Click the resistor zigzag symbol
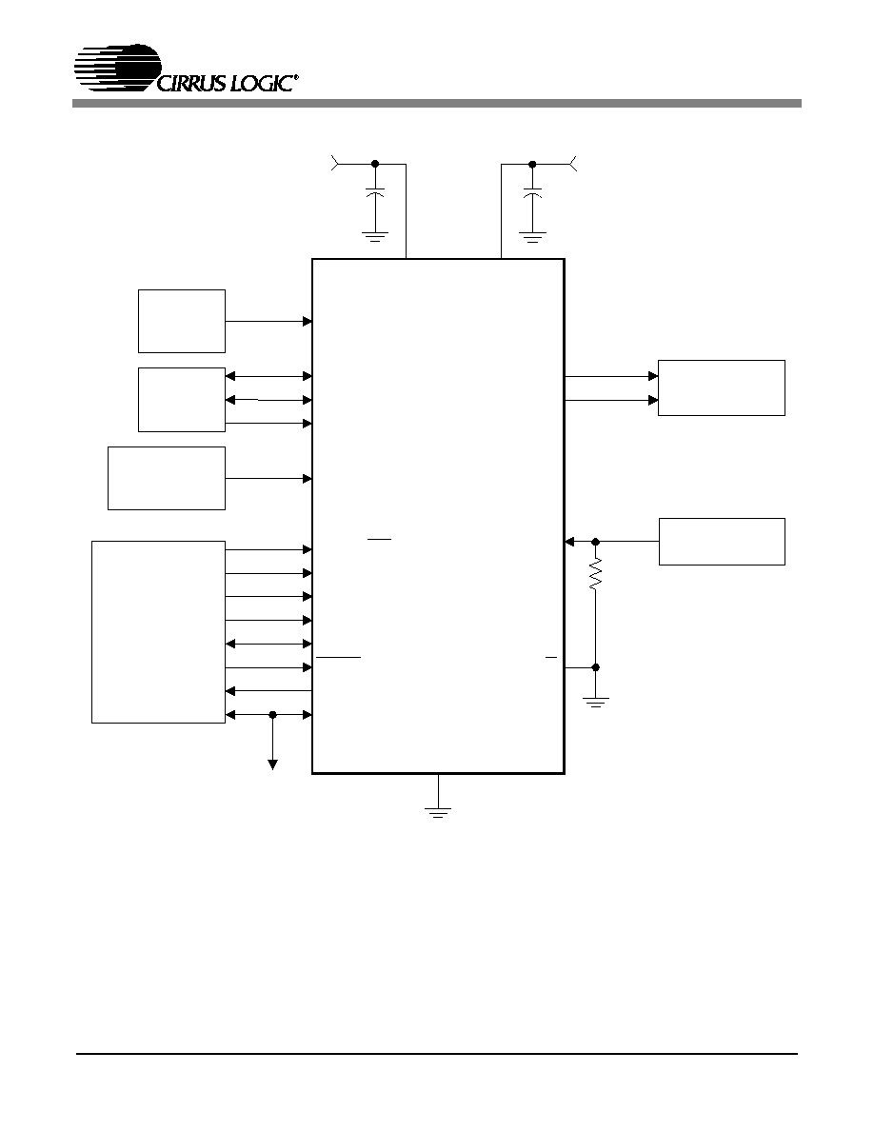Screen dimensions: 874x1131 pos(595,576)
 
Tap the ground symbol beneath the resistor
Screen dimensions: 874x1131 pos(596,702)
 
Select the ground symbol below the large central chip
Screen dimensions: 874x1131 pos(438,811)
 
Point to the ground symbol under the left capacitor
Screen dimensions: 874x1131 pos(375,237)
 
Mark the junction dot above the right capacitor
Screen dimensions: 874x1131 pos(532,165)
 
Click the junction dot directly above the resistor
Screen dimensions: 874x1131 pos(596,541)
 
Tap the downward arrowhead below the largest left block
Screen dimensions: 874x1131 pos(272,765)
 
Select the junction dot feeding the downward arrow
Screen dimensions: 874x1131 pos(272,715)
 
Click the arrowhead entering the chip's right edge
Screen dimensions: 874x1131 pos(569,541)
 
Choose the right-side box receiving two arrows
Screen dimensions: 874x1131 pos(721,388)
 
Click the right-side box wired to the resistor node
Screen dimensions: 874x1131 pos(722,542)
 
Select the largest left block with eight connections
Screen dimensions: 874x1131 pos(159,632)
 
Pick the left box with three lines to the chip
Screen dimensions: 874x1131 pos(182,400)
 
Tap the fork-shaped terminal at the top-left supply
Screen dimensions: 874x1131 pos(334,164)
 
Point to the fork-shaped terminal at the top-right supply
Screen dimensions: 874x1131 pos(573,164)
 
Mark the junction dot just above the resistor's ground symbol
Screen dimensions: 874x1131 pos(596,668)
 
